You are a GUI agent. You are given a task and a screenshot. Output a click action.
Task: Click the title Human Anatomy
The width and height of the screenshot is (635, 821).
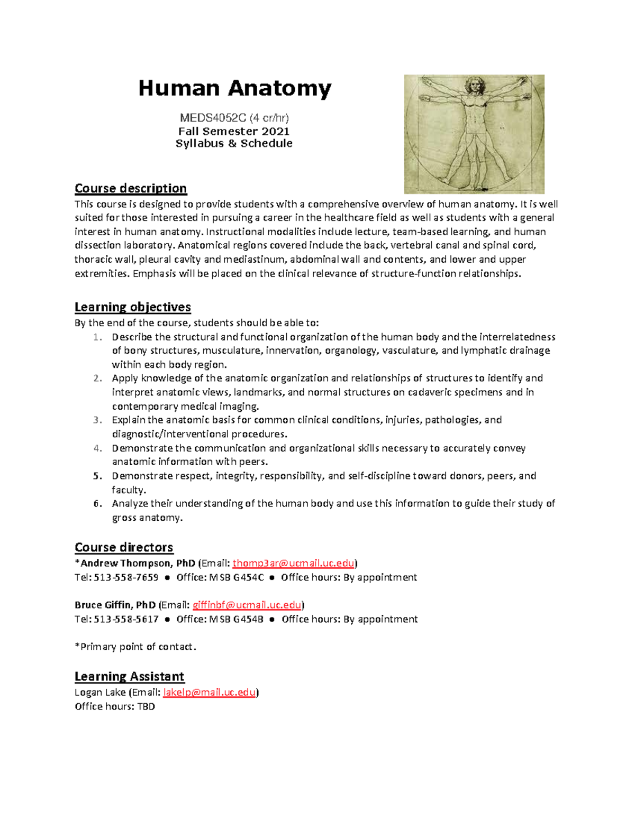[234, 88]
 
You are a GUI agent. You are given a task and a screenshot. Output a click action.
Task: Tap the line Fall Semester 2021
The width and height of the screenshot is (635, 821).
[234, 131]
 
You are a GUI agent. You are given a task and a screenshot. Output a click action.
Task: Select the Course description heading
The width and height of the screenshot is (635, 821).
[130, 188]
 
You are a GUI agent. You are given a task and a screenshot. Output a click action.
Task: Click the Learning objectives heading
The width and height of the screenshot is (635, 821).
[132, 307]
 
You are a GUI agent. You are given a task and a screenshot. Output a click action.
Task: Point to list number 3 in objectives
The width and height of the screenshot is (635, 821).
[97, 420]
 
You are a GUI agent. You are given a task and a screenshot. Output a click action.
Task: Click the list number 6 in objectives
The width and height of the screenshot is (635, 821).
[97, 503]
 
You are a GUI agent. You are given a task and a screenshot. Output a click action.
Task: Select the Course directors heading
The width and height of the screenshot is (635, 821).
[124, 547]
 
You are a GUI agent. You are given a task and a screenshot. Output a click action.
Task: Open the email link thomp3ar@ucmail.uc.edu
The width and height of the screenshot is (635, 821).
[293, 563]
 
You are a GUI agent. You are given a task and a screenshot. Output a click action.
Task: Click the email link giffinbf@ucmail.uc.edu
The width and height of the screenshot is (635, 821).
[247, 605]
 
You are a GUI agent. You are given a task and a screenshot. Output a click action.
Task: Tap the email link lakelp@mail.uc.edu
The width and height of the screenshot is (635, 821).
[209, 692]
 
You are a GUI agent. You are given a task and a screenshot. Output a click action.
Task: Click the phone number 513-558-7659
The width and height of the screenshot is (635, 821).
[126, 577]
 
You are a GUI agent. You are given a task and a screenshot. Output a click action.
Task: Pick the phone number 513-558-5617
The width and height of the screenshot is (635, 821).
[126, 619]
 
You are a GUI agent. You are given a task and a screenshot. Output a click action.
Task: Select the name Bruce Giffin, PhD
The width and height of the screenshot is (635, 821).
[115, 605]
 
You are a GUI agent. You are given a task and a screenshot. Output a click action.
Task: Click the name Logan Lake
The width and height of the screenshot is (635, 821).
[100, 692]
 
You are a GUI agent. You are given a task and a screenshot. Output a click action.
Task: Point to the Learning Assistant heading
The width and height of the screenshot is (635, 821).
[129, 676]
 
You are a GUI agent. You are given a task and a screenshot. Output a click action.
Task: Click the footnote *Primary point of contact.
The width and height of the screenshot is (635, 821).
[135, 647]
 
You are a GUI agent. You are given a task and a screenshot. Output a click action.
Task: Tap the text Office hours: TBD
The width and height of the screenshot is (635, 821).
[115, 706]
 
